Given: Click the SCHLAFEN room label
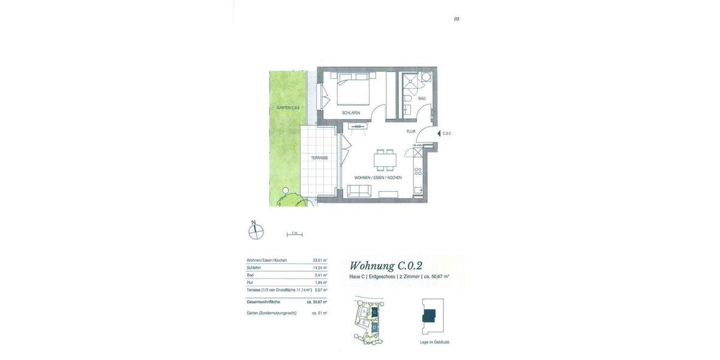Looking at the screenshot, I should [x=351, y=113].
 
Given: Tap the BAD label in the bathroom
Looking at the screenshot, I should [x=422, y=98].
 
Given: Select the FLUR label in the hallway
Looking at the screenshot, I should [x=411, y=131].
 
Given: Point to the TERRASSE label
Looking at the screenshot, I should [x=319, y=158].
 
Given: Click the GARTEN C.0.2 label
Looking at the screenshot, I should [x=288, y=108].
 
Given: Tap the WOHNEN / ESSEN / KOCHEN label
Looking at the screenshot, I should [x=378, y=178].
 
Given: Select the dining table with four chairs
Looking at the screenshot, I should [x=385, y=160].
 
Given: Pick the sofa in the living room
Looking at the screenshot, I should [x=359, y=191].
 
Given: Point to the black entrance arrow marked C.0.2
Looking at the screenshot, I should [x=438, y=133].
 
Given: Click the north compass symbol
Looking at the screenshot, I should [x=256, y=231].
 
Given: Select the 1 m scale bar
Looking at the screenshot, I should [x=294, y=233].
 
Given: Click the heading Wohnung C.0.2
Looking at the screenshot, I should [x=386, y=266].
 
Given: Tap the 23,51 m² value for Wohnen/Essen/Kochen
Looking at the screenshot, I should [x=320, y=260].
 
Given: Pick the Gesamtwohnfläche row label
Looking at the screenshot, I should [x=263, y=302].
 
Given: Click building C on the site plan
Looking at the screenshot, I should [x=374, y=312].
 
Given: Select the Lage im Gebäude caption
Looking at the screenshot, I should [x=434, y=342].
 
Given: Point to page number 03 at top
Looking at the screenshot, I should [x=457, y=19].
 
